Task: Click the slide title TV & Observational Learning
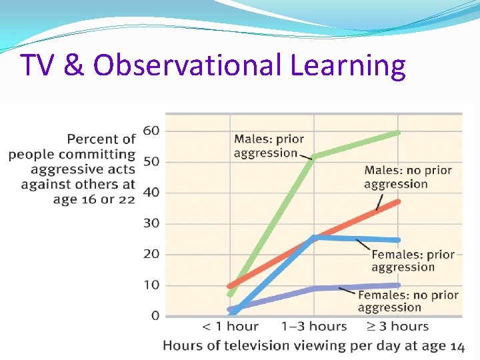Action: [x=213, y=65]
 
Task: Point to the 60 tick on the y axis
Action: [x=151, y=131]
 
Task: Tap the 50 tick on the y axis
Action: [x=151, y=161]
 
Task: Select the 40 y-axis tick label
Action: [x=151, y=193]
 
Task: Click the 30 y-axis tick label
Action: [x=151, y=223]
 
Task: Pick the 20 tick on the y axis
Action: [x=151, y=254]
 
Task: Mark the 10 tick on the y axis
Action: [x=151, y=285]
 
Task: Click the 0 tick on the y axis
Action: [x=155, y=316]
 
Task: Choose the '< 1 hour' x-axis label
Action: [x=230, y=327]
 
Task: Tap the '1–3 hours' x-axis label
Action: [x=314, y=327]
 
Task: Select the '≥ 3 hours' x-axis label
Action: [x=397, y=327]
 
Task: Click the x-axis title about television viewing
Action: [x=313, y=345]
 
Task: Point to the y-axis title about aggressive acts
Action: [x=72, y=169]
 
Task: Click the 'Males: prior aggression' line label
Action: [x=269, y=146]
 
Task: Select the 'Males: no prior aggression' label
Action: [x=407, y=177]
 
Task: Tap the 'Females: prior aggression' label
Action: [x=413, y=261]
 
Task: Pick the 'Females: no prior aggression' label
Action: [x=408, y=301]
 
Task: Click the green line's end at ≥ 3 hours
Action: [x=398, y=133]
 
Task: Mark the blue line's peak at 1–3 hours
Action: [x=315, y=237]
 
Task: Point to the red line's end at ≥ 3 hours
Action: [x=398, y=201]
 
